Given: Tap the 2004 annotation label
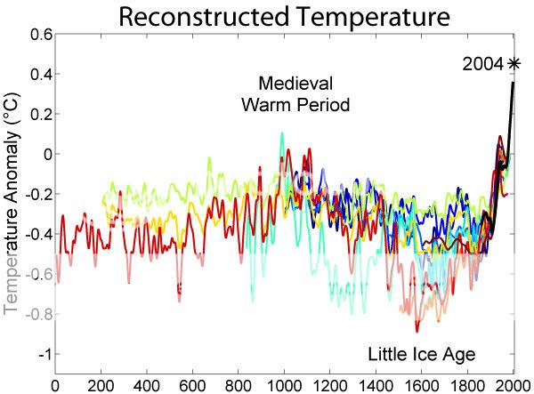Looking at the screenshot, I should [x=482, y=63].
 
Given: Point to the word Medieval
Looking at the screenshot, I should [x=296, y=84].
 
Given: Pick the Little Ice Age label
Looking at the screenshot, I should [x=421, y=354].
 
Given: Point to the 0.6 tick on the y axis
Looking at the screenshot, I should [x=39, y=34].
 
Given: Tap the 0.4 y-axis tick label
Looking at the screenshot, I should [x=39, y=74].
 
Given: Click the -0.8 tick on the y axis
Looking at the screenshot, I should [x=36, y=314].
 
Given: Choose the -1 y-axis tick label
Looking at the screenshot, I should [x=42, y=354].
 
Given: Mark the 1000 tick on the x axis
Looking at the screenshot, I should [x=283, y=386].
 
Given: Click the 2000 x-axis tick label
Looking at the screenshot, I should [x=513, y=386].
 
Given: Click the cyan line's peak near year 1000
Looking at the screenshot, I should [x=282, y=133].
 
